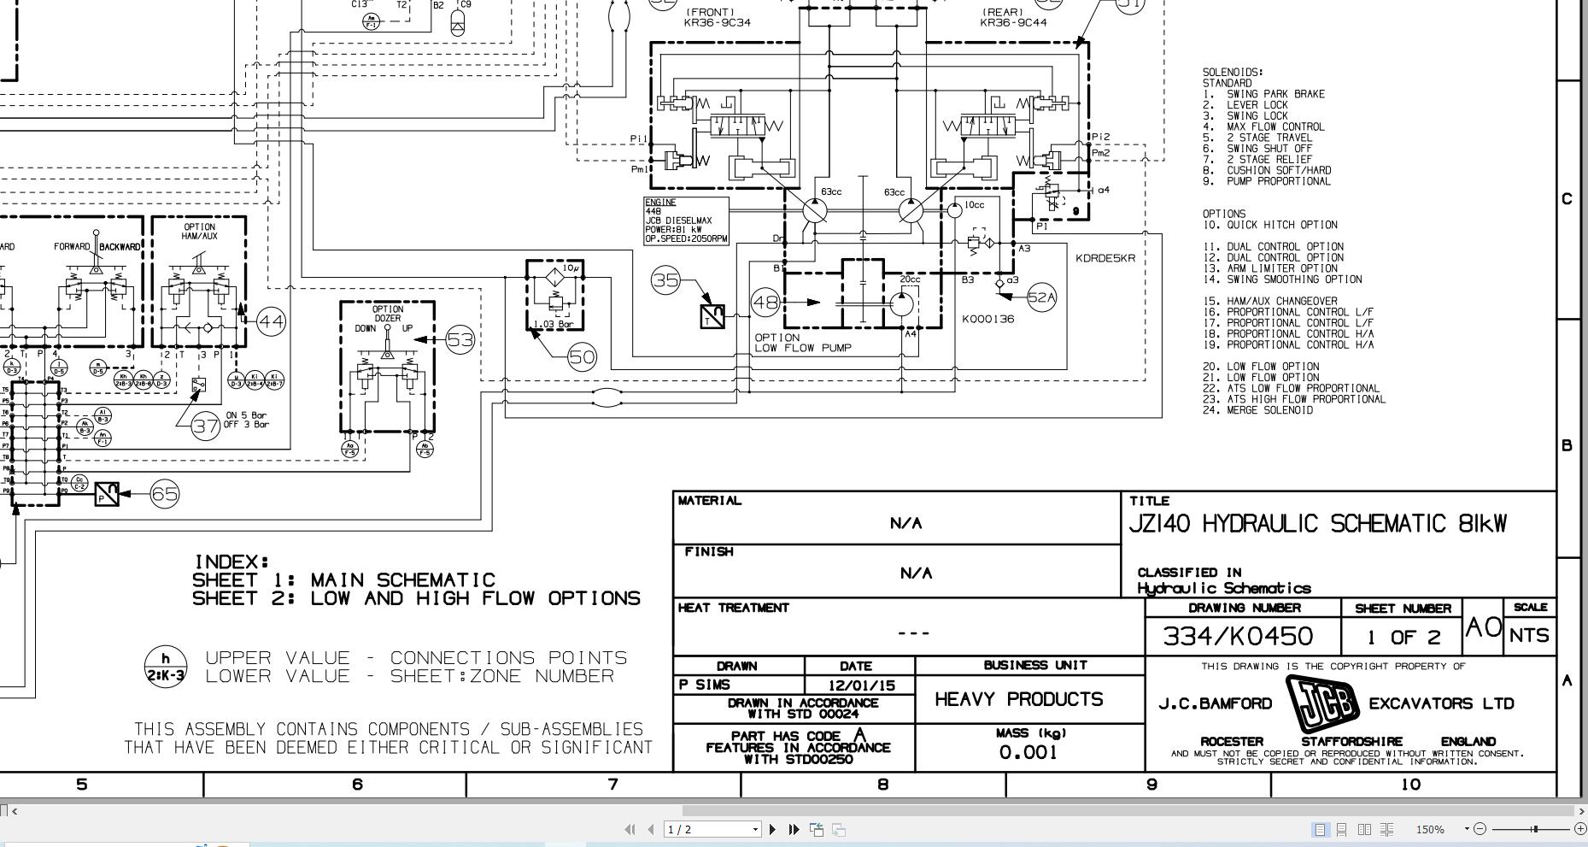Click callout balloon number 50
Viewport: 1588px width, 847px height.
tap(582, 356)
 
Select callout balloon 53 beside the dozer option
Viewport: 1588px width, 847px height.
tap(460, 340)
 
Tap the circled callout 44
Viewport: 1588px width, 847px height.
tap(271, 321)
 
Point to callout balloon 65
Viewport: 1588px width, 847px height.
tap(165, 494)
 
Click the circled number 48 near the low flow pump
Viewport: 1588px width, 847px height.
tap(766, 302)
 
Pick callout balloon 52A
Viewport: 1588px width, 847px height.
tap(1041, 297)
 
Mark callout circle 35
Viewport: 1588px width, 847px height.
tap(666, 280)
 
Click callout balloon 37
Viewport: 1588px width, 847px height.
tap(206, 426)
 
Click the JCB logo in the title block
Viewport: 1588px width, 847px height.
tap(1321, 703)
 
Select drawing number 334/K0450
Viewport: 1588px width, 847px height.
tap(1238, 636)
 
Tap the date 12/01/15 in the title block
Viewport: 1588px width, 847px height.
tap(861, 685)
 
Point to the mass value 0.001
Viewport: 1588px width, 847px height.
tap(1028, 752)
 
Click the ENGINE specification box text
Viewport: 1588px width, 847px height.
tap(686, 221)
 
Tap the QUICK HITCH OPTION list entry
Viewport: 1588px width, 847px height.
tap(1281, 225)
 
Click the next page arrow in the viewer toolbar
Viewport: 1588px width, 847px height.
tap(773, 829)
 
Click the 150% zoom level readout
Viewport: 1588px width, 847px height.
tap(1430, 829)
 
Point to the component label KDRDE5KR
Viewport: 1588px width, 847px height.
tap(1105, 258)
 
